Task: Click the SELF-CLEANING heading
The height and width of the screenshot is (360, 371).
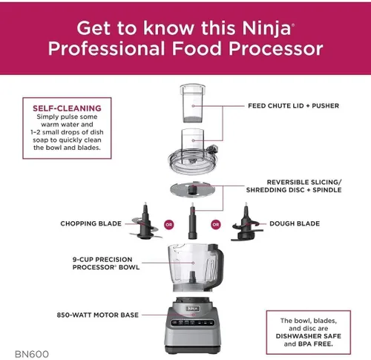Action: click(x=68, y=108)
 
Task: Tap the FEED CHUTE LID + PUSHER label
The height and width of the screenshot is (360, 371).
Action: click(x=292, y=106)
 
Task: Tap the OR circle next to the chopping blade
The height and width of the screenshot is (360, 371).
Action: click(x=168, y=223)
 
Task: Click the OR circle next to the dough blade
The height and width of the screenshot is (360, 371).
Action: click(x=217, y=223)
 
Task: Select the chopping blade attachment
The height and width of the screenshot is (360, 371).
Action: click(x=139, y=220)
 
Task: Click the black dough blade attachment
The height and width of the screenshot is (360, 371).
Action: click(x=245, y=222)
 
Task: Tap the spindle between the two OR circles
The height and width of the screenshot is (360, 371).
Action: click(x=192, y=223)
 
